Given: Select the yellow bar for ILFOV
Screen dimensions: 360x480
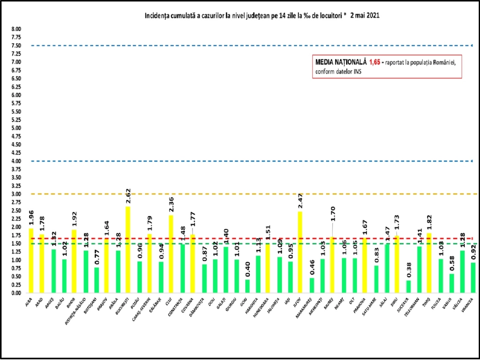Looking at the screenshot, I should pyautogui.click(x=300, y=252).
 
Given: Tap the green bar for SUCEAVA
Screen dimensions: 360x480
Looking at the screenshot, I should pyautogui.click(x=408, y=286).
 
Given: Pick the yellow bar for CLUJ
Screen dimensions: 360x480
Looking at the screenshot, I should pyautogui.click(x=171, y=254).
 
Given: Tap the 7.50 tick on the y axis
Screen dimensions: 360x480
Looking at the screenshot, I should pyautogui.click(x=16, y=46).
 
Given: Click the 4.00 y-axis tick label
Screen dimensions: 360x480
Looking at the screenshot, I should pyautogui.click(x=16, y=161).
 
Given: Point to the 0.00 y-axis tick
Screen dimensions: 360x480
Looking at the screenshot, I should pyautogui.click(x=16, y=293).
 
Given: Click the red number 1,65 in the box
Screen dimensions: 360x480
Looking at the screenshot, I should pyautogui.click(x=375, y=62).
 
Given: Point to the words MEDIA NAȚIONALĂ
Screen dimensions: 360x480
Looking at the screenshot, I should pyautogui.click(x=341, y=62).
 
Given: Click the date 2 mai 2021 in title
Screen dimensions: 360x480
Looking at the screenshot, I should pyautogui.click(x=364, y=16).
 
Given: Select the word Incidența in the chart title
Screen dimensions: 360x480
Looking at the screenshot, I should pyautogui.click(x=156, y=16).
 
